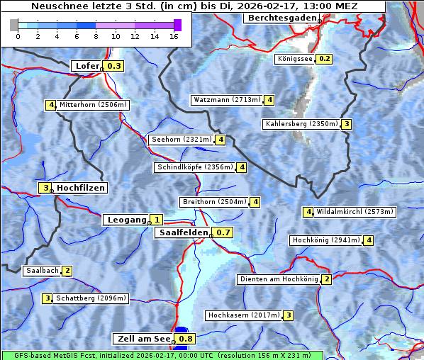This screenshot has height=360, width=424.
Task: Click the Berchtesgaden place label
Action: click(x=282, y=17)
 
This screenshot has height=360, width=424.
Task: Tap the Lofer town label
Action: click(x=87, y=66)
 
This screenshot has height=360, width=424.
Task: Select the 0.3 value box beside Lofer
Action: click(x=113, y=66)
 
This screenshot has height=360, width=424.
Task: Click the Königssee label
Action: click(x=295, y=59)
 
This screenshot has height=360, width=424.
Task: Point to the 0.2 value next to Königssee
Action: click(x=324, y=59)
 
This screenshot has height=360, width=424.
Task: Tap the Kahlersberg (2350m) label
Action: click(x=301, y=124)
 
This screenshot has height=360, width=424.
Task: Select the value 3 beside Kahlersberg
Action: click(x=346, y=124)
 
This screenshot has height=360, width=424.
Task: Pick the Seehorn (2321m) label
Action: click(x=182, y=140)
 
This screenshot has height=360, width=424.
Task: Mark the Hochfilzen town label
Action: click(x=81, y=188)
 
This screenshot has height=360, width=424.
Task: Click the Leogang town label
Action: click(x=125, y=220)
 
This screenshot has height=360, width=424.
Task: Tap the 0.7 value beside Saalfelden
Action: click(x=223, y=232)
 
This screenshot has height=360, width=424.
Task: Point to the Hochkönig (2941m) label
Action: click(x=326, y=240)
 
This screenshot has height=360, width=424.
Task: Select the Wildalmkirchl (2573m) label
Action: click(x=355, y=211)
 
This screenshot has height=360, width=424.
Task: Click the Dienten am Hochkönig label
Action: click(x=278, y=279)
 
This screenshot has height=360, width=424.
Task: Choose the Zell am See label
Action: click(x=143, y=339)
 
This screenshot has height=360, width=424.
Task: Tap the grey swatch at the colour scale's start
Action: click(x=14, y=25)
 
